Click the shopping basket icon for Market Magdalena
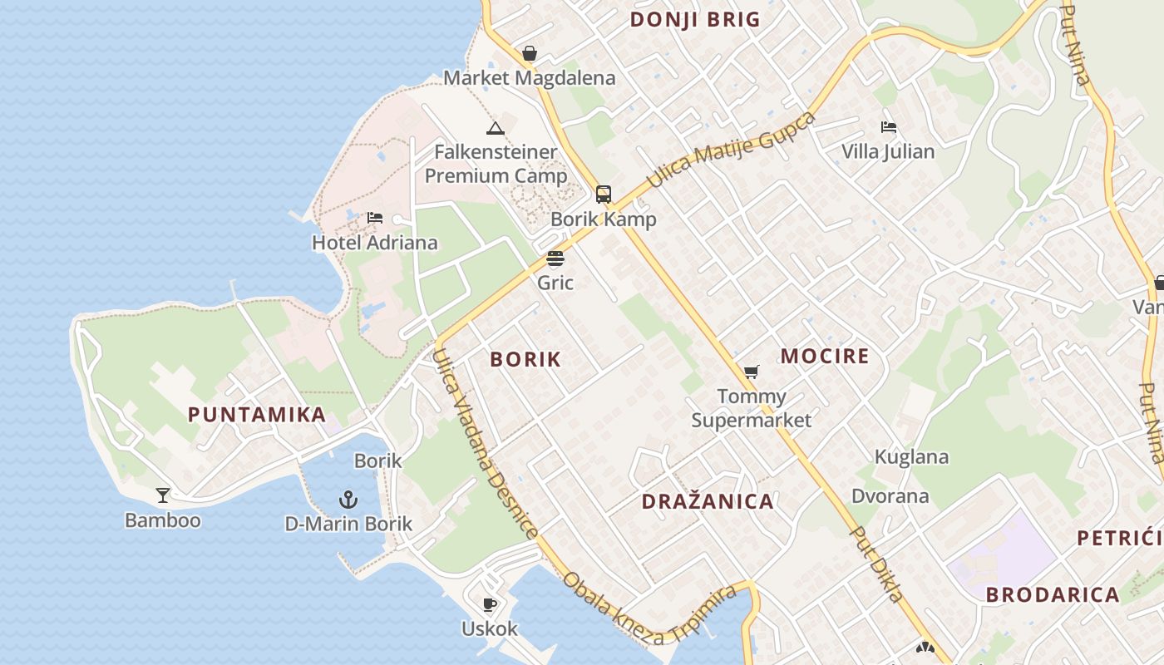point(530,54)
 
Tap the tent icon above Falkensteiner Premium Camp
point(496,128)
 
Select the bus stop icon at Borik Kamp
point(604,195)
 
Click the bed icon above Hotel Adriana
point(375,218)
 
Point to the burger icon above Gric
point(555,259)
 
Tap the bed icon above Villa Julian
point(889,127)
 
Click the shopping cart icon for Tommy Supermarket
point(752,372)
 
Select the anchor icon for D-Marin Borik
point(348,500)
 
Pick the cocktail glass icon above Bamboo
point(163,495)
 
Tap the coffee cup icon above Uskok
point(490,604)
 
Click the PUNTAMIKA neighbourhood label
point(257,415)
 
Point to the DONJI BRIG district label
point(695,20)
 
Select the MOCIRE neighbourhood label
point(825,357)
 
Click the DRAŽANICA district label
point(708,501)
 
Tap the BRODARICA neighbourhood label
point(1053,595)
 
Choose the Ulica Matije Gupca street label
point(731,149)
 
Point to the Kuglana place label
point(911,456)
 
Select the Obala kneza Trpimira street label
point(649,609)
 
